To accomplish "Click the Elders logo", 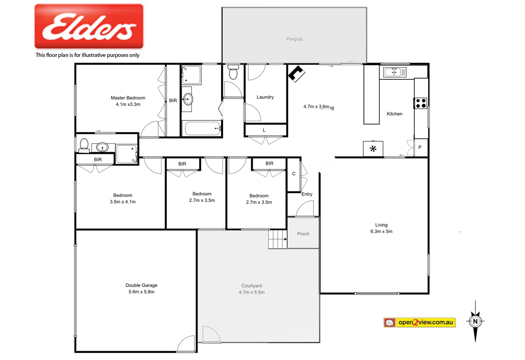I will [89, 26].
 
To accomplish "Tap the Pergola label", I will [294, 39].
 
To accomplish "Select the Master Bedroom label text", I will [128, 98].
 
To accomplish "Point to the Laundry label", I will [265, 97].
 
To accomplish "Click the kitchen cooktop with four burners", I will [421, 103].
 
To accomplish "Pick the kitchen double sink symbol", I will [395, 72].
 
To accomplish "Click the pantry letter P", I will [420, 147].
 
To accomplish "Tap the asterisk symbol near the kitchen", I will [373, 149].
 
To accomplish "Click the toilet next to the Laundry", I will [233, 73].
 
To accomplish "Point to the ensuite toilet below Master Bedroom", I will [84, 145].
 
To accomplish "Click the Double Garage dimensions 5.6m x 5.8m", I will [141, 292].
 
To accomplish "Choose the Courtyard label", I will [251, 286].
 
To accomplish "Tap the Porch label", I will [303, 234].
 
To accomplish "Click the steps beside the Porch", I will [278, 239].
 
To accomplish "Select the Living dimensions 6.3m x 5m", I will [381, 231].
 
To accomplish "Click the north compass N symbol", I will [475, 321].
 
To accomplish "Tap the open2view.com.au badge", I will [419, 322].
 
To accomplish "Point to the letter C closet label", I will [294, 174].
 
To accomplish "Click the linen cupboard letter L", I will [264, 130].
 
